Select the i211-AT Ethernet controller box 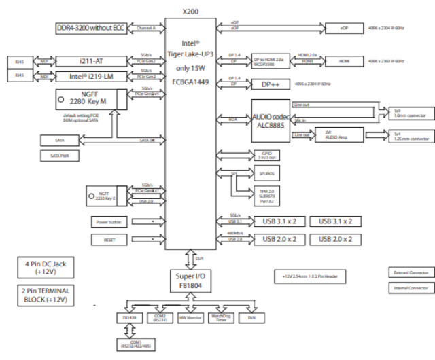click(x=90, y=61)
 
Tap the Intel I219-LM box click(x=90, y=77)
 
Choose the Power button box click(x=109, y=222)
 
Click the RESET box click(x=109, y=239)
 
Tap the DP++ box click(x=266, y=85)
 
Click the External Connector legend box click(x=411, y=272)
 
